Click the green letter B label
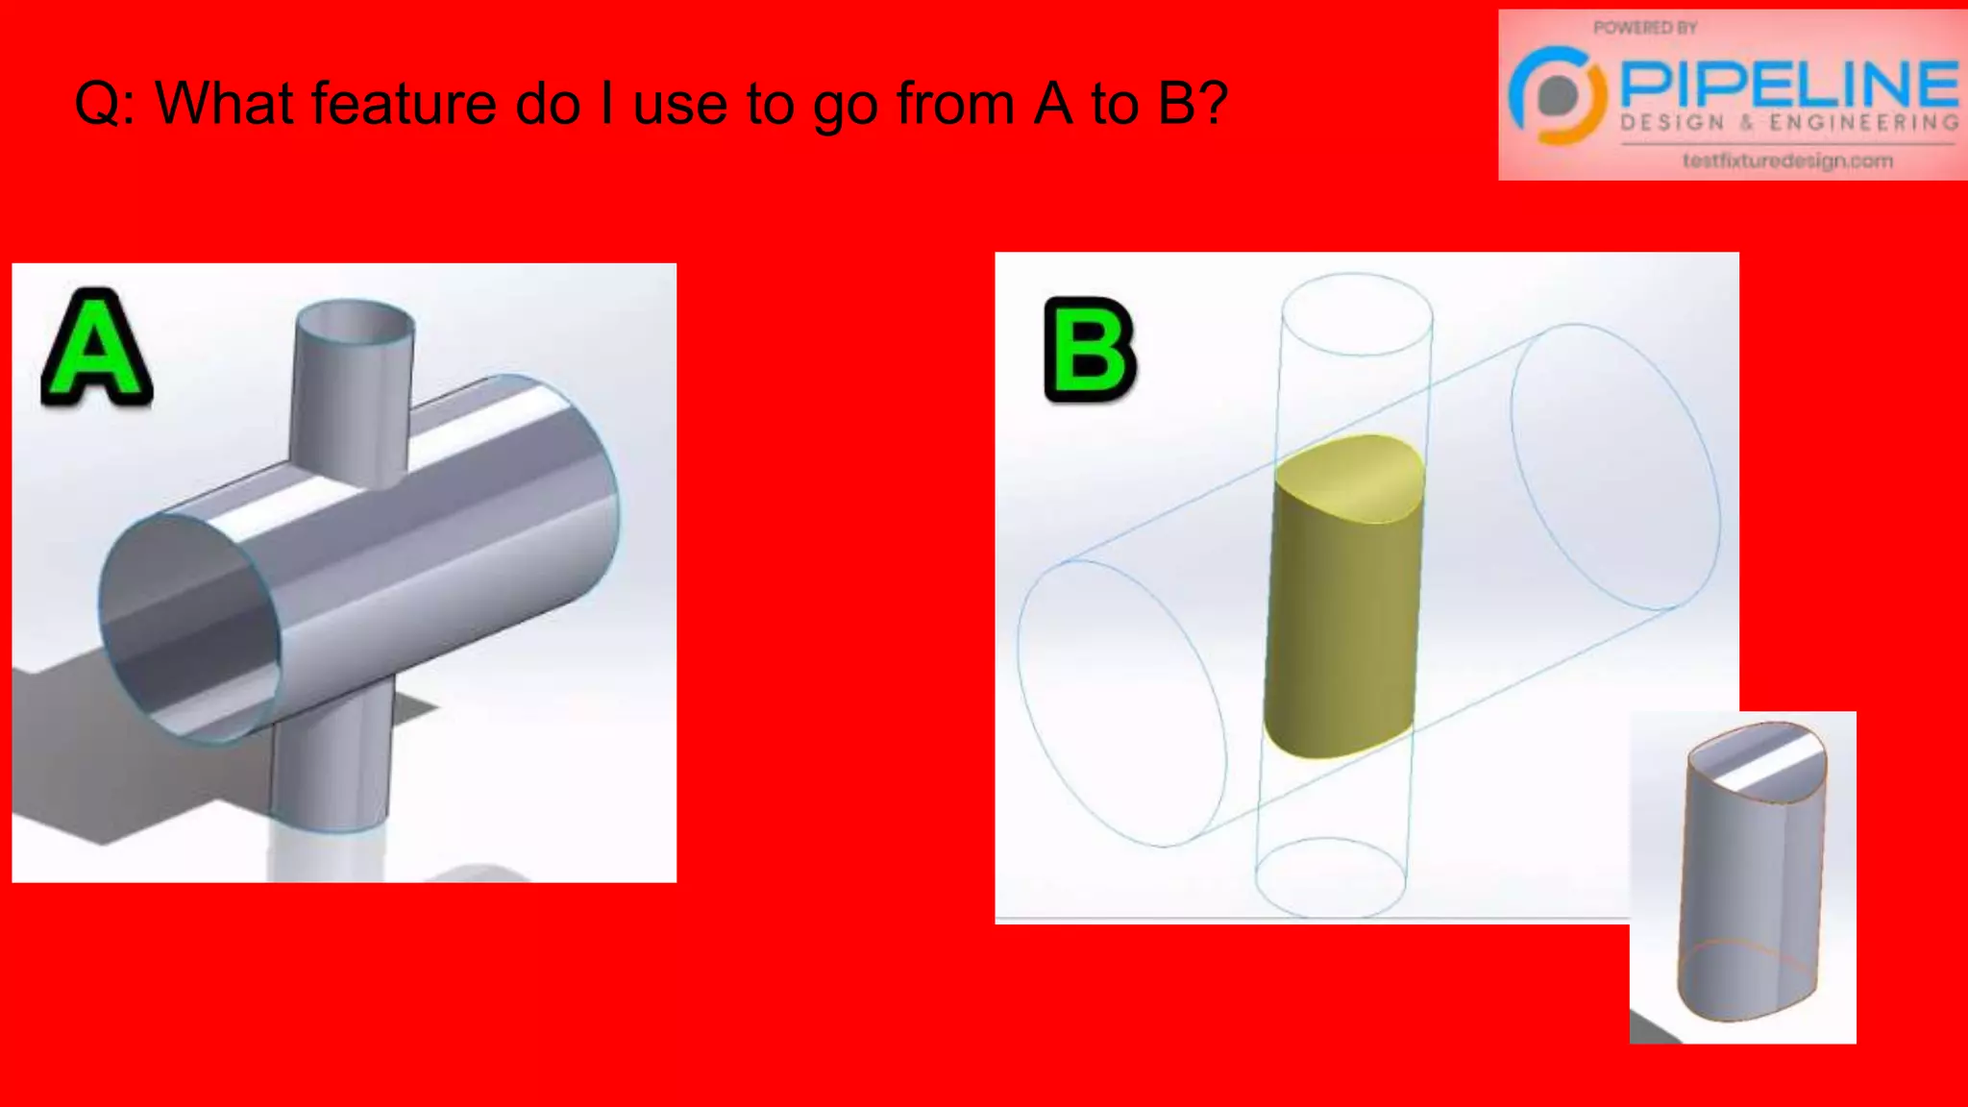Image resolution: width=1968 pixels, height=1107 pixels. point(1090,349)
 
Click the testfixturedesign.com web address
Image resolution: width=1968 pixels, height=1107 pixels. point(1787,160)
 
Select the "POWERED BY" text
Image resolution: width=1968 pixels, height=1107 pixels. point(1645,28)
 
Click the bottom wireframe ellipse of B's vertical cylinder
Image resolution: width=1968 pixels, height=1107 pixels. point(1331,877)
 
